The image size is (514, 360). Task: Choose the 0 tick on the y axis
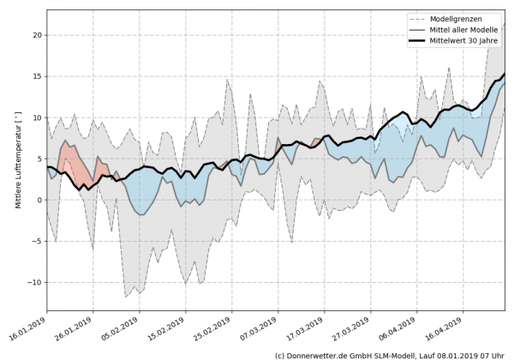pyautogui.click(x=38, y=200)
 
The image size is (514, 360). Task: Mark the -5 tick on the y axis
pyautogui.click(x=35, y=241)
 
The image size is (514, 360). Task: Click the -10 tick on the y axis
pyautogui.click(x=33, y=282)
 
